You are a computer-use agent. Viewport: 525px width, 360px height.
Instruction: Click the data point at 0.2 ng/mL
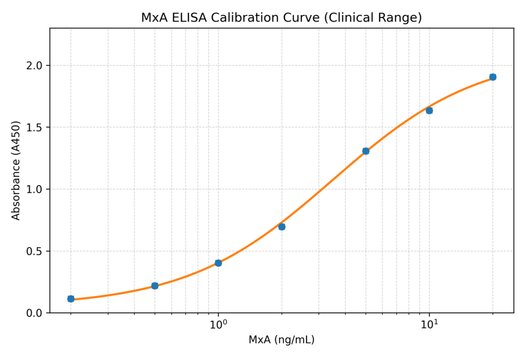[71, 299]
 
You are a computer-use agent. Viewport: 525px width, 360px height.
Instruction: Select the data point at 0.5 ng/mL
[155, 286]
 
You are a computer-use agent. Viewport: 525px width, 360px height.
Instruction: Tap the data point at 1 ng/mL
[218, 263]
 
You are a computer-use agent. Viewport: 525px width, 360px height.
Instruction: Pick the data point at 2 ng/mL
[282, 227]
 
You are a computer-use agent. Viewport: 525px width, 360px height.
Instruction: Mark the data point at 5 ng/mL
[366, 151]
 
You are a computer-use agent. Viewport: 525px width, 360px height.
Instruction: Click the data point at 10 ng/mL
[429, 110]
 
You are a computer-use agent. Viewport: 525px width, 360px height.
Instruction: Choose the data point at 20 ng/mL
[493, 77]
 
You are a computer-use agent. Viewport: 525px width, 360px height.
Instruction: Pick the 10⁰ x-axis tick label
[218, 325]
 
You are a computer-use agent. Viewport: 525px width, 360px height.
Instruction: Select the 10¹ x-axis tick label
[430, 325]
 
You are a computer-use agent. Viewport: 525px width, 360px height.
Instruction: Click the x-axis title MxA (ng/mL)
[281, 340]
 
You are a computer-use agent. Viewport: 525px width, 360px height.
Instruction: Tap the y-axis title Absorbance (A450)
[16, 170]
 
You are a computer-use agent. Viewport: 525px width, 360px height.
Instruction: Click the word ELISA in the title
[190, 17]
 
